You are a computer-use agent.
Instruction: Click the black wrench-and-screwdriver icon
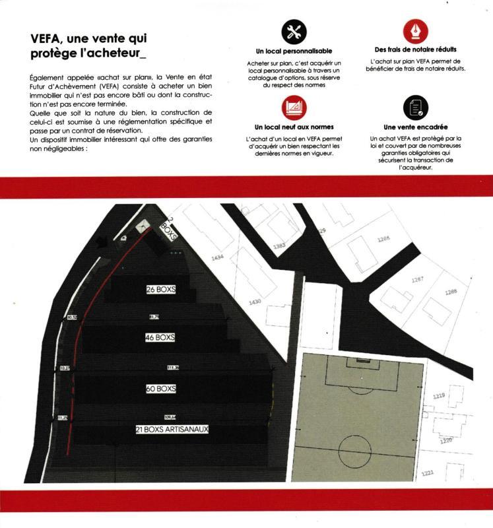pos(294,32)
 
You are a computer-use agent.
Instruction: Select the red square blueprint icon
pos(294,107)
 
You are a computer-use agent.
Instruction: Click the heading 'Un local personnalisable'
pos(294,51)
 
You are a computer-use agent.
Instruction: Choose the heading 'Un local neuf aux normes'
pos(294,127)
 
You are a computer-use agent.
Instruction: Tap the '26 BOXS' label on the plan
pos(160,290)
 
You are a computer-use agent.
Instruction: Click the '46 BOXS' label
pos(160,337)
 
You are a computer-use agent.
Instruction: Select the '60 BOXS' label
pos(160,389)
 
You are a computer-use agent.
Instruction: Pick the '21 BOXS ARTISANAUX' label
pos(172,429)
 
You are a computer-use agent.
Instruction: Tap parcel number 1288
pos(451,292)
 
